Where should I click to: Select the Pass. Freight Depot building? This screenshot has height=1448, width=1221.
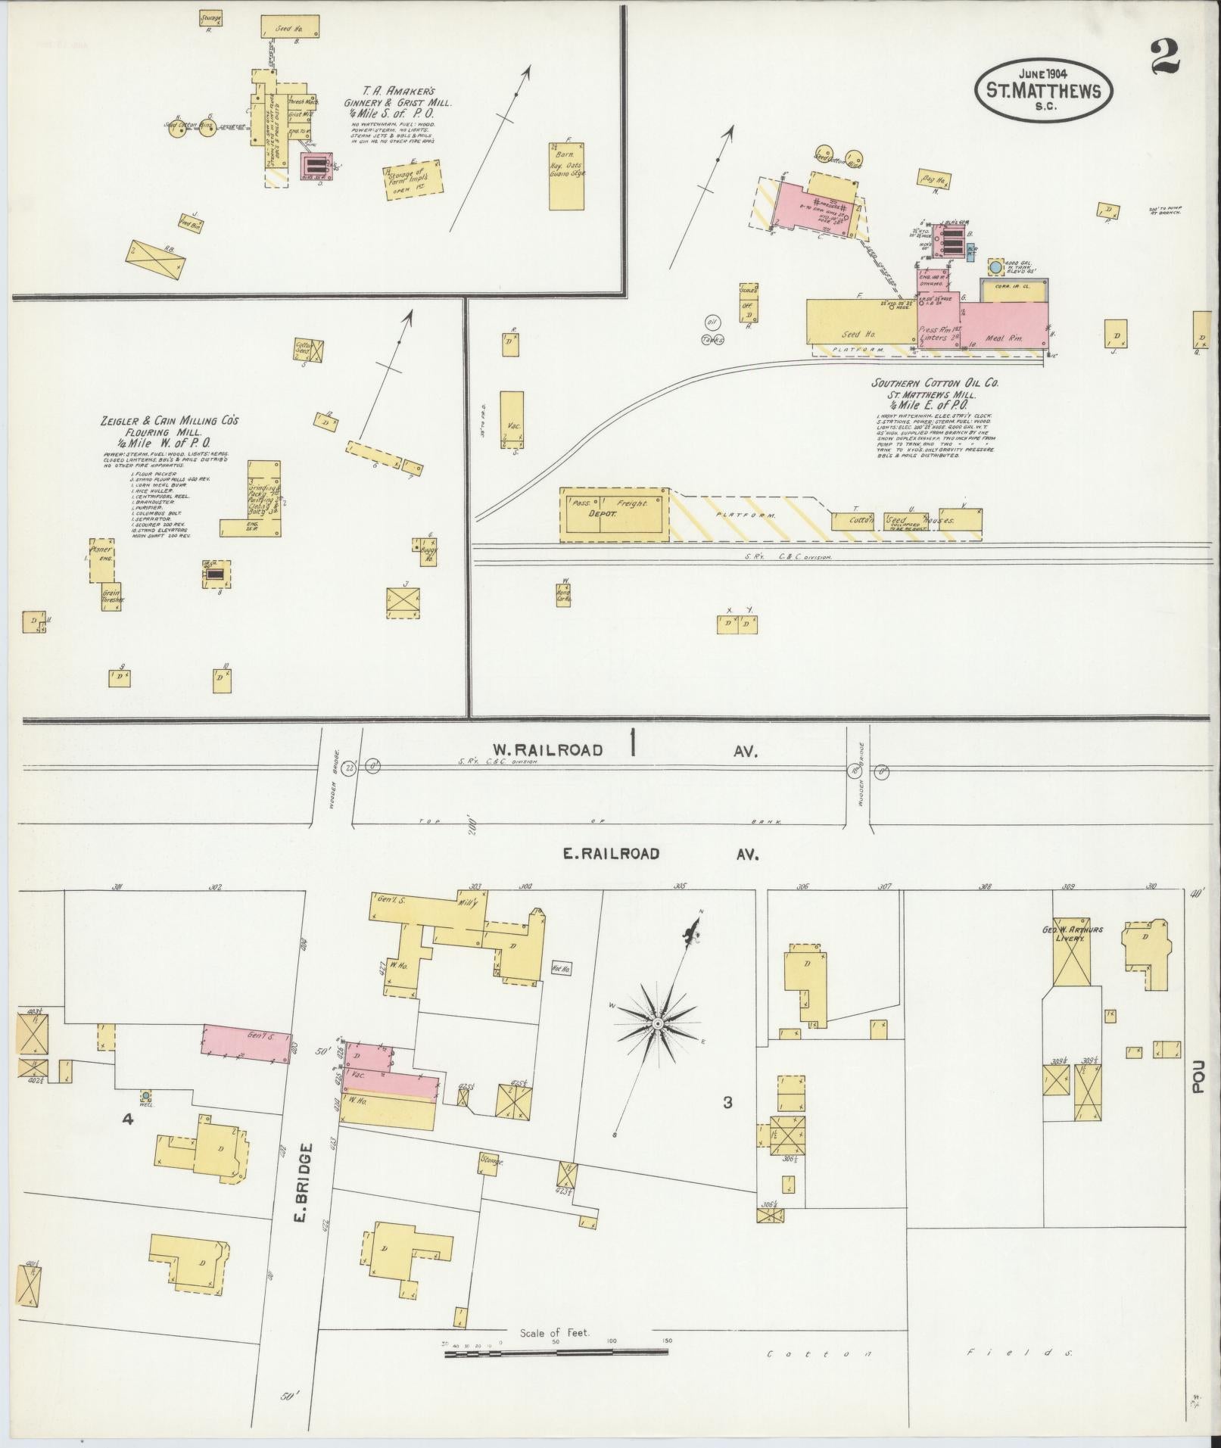point(615,514)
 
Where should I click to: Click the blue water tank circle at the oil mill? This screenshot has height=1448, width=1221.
point(995,267)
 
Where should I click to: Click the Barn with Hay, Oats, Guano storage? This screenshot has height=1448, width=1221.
point(566,176)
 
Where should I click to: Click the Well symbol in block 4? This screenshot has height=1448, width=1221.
point(145,1095)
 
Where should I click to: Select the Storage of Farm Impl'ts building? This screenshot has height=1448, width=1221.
point(412,179)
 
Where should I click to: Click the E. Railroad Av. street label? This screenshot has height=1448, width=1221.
point(611,854)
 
